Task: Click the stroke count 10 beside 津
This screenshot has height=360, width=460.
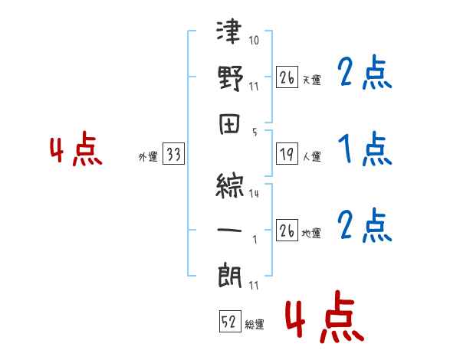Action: (255, 39)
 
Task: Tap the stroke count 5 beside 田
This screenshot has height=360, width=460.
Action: (255, 132)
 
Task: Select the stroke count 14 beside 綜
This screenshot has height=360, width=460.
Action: (254, 194)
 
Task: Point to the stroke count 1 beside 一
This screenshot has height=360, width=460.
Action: (255, 240)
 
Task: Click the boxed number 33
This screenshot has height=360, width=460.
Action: (173, 155)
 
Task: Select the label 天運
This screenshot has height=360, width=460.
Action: (311, 80)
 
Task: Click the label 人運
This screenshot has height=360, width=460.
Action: (311, 157)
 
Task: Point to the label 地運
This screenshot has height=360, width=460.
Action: (311, 234)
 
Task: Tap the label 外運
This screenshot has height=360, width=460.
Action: (147, 157)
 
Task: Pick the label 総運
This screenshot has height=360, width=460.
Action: (254, 325)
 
